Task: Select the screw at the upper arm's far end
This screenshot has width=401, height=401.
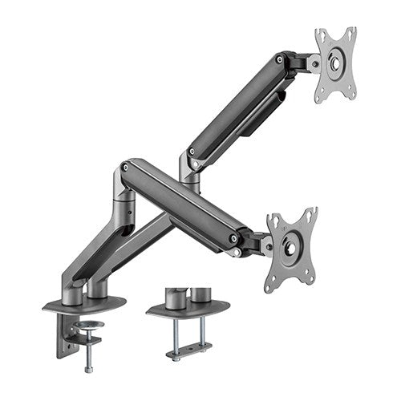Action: coord(279,59)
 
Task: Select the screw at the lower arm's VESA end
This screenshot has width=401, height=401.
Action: coord(233,238)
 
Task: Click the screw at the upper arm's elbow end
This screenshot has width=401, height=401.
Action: coord(192,152)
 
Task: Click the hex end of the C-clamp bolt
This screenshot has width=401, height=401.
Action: coord(87,368)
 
